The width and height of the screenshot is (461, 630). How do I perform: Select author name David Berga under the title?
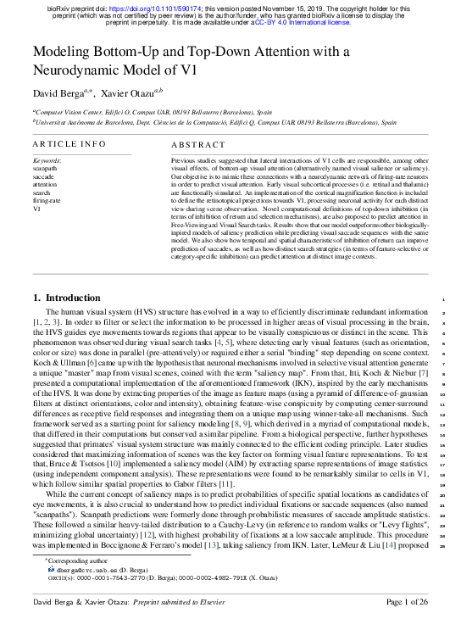58,92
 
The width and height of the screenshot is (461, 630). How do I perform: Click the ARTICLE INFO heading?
69,145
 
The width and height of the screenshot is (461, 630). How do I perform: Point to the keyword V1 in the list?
37,208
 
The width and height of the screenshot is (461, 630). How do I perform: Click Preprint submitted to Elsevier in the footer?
169,602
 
